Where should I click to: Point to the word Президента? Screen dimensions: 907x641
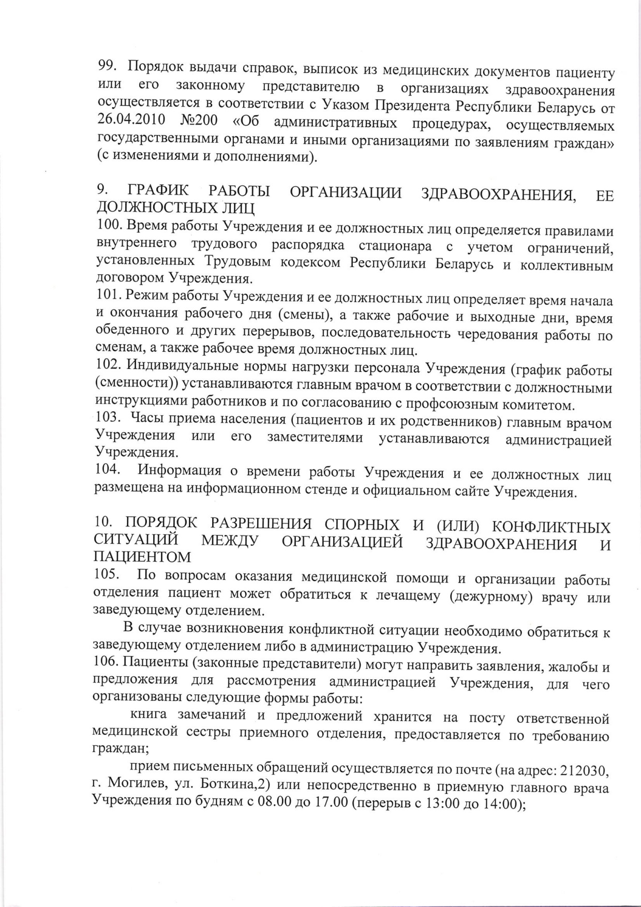click(415, 106)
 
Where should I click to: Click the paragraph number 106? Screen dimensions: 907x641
click(106, 661)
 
